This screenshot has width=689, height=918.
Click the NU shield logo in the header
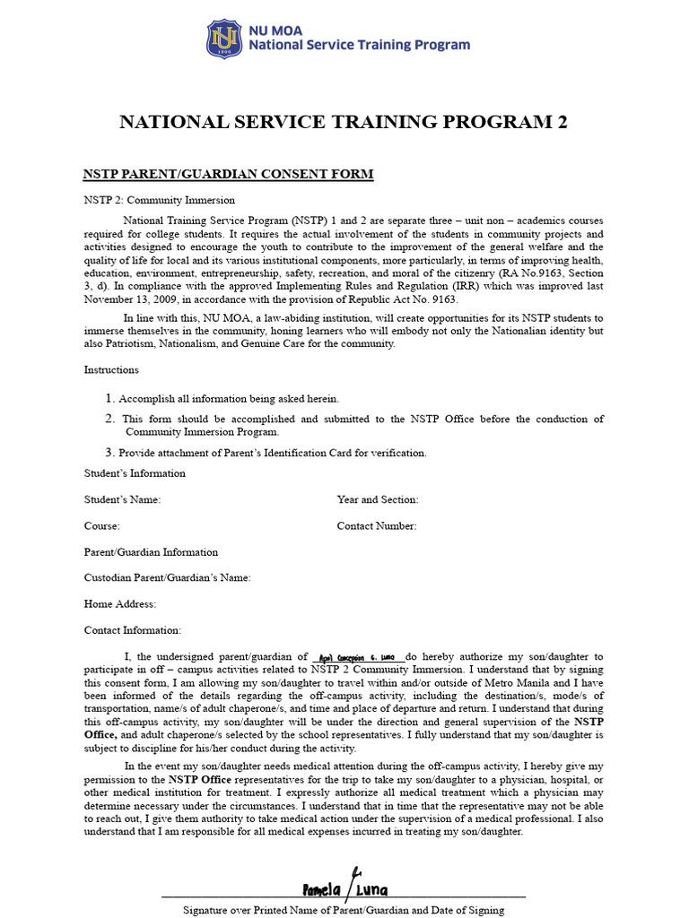tap(223, 39)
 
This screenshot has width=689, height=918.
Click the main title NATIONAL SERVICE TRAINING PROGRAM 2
tap(344, 123)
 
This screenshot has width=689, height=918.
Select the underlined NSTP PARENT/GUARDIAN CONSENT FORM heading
tap(228, 174)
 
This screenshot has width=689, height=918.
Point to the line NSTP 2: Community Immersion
tap(160, 200)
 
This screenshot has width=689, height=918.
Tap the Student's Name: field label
tap(122, 499)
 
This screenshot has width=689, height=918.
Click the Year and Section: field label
tap(377, 499)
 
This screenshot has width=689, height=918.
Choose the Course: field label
tap(102, 526)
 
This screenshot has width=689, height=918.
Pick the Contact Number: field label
tap(377, 526)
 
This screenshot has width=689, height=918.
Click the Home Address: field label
tap(120, 604)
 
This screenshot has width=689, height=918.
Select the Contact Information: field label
tap(133, 630)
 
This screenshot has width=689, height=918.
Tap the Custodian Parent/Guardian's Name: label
tap(168, 578)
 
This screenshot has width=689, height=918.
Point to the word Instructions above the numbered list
tap(112, 369)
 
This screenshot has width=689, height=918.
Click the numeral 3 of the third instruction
tap(110, 453)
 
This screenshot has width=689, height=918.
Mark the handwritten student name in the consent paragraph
tap(357, 657)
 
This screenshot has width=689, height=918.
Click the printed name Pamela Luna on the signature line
tap(345, 890)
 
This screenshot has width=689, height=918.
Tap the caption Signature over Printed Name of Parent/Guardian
tap(344, 910)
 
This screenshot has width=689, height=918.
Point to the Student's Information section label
tap(135, 473)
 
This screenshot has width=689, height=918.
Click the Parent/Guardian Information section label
tap(151, 552)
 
